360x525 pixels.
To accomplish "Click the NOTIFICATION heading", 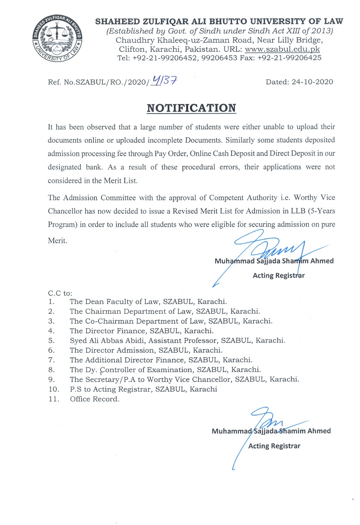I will [x=191, y=108].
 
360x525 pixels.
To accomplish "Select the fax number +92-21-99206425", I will [x=289, y=58].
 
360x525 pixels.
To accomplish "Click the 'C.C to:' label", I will [x=60, y=293].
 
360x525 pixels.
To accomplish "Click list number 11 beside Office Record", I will [x=54, y=399].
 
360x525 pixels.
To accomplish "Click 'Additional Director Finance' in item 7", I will [x=134, y=360].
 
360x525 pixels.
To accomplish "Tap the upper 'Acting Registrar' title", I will [x=278, y=275].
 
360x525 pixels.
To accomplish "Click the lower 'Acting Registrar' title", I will [x=274, y=446].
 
